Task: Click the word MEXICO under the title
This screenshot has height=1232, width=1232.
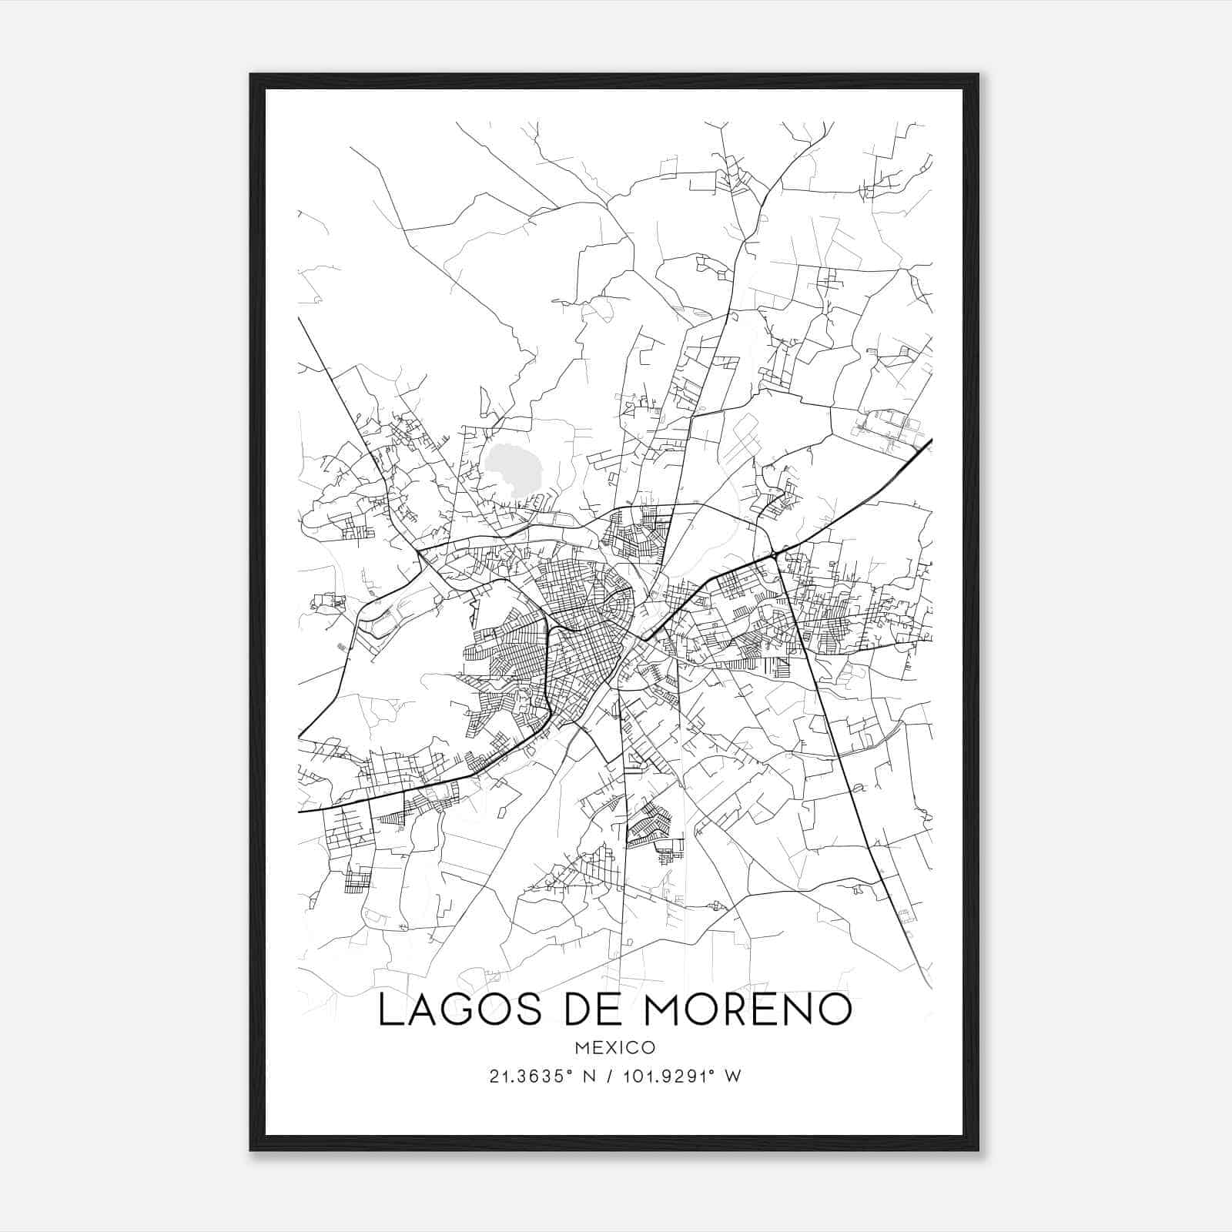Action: point(614,1048)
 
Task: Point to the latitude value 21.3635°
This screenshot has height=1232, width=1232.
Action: point(531,1076)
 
